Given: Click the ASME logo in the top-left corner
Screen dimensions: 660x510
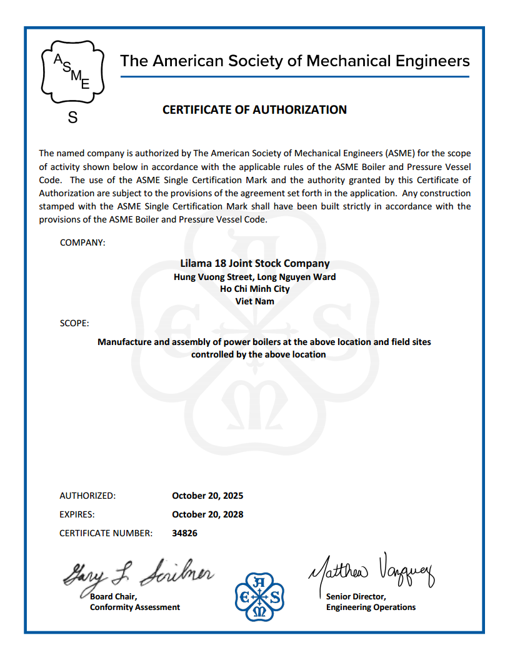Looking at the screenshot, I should click(x=72, y=72).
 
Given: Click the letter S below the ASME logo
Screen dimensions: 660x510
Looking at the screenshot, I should click(x=72, y=117).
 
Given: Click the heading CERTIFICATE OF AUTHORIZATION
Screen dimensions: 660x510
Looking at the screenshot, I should click(x=254, y=110).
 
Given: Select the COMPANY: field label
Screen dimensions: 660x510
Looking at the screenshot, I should click(x=82, y=242).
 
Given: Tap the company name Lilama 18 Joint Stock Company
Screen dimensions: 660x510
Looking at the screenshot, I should click(x=254, y=264).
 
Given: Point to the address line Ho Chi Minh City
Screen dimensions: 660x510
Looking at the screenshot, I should click(x=254, y=289).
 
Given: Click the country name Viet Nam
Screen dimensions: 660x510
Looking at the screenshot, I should click(x=254, y=301).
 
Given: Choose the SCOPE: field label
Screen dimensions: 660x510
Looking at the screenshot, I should click(x=74, y=324).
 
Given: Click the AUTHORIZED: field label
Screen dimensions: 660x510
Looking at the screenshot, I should click(x=87, y=496).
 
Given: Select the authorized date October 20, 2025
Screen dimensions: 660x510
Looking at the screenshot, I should click(x=207, y=496).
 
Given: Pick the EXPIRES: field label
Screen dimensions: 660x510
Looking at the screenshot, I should click(x=77, y=514).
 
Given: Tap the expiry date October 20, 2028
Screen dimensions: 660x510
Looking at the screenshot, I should click(x=207, y=514).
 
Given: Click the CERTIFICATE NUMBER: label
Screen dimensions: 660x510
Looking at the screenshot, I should click(x=106, y=533).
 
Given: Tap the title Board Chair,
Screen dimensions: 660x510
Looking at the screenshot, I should click(x=109, y=596).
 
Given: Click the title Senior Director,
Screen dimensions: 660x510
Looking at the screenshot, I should click(x=356, y=596).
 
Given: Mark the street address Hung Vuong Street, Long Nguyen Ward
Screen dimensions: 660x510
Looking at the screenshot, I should click(x=254, y=277).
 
